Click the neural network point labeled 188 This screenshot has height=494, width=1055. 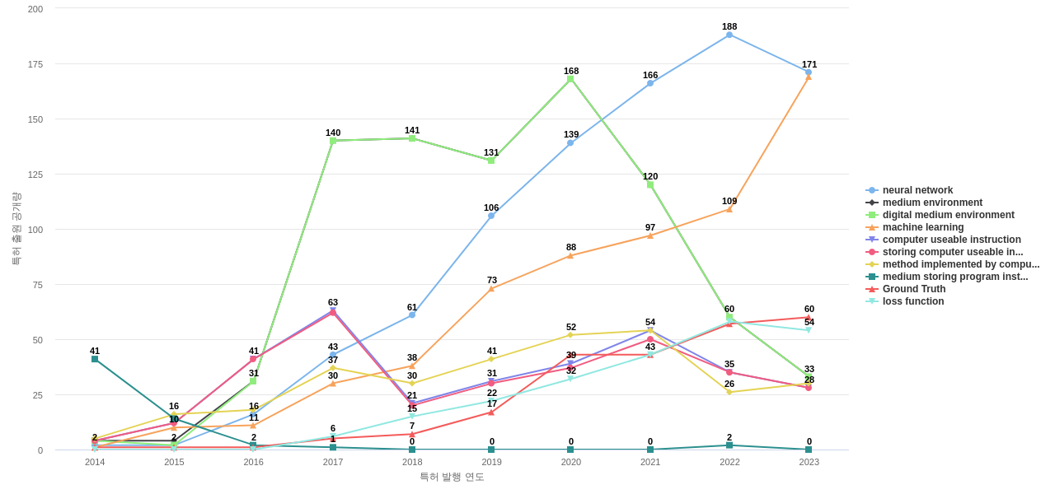click(x=729, y=35)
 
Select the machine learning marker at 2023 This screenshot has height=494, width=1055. click(x=809, y=77)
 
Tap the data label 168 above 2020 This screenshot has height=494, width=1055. click(x=571, y=71)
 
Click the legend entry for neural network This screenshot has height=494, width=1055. click(x=917, y=190)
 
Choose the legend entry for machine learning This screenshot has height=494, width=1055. click(x=922, y=227)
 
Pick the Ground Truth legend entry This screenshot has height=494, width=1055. click(x=913, y=289)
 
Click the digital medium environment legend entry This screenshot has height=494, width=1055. click(x=948, y=215)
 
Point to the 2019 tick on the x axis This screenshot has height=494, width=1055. click(x=492, y=462)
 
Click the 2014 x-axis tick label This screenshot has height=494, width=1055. click(x=95, y=462)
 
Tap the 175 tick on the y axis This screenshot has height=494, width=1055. click(x=35, y=64)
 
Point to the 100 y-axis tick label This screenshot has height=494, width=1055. click(x=35, y=230)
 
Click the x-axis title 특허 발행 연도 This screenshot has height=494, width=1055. click(x=452, y=477)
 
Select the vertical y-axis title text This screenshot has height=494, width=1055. click(x=16, y=229)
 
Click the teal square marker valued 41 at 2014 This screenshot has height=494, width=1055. click(x=95, y=359)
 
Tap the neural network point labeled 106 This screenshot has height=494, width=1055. click(x=491, y=216)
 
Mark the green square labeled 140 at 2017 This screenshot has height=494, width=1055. click(x=333, y=141)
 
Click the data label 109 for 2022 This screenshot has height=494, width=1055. click(x=729, y=201)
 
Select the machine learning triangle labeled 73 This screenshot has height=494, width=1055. click(x=491, y=289)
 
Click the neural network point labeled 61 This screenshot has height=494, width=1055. click(x=412, y=315)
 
